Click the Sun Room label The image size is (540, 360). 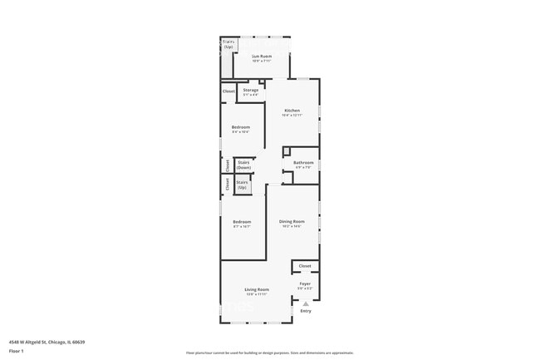[262, 56]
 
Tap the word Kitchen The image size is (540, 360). [292, 111]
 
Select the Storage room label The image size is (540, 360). [250, 90]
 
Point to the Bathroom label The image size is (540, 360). [303, 162]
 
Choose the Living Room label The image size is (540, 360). [256, 289]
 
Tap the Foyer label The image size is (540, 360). [305, 284]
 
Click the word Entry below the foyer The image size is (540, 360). [306, 311]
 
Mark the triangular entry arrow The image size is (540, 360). [306, 303]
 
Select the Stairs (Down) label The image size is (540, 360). [243, 165]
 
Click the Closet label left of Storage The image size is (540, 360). [228, 91]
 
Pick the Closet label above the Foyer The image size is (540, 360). [305, 265]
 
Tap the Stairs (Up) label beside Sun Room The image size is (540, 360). [228, 44]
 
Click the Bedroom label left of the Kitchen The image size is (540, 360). [241, 126]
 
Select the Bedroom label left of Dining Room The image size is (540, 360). [242, 221]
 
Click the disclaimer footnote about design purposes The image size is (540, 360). [270, 353]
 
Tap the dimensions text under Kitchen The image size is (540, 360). [292, 116]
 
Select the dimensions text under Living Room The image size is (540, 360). [256, 294]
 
